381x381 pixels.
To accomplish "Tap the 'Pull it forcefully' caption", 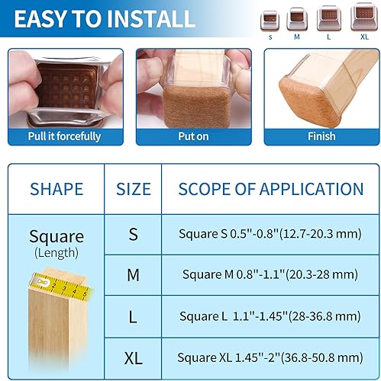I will [65, 136].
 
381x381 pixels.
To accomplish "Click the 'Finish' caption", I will [321, 136].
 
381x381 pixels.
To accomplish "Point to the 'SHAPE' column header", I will [56, 189].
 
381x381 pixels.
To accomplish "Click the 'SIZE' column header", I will [133, 189].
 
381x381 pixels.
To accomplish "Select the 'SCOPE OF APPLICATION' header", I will [270, 189].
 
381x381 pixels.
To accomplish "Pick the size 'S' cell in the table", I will [133, 234].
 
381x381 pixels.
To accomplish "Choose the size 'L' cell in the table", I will [133, 315].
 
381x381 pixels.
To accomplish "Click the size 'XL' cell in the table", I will [133, 357].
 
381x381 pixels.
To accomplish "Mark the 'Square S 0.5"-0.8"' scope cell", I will [270, 234].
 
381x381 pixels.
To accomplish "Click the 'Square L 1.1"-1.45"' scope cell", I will [270, 315].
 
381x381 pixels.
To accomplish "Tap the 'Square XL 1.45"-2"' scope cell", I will [270, 357].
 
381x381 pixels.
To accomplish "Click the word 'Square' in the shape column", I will [56, 236].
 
